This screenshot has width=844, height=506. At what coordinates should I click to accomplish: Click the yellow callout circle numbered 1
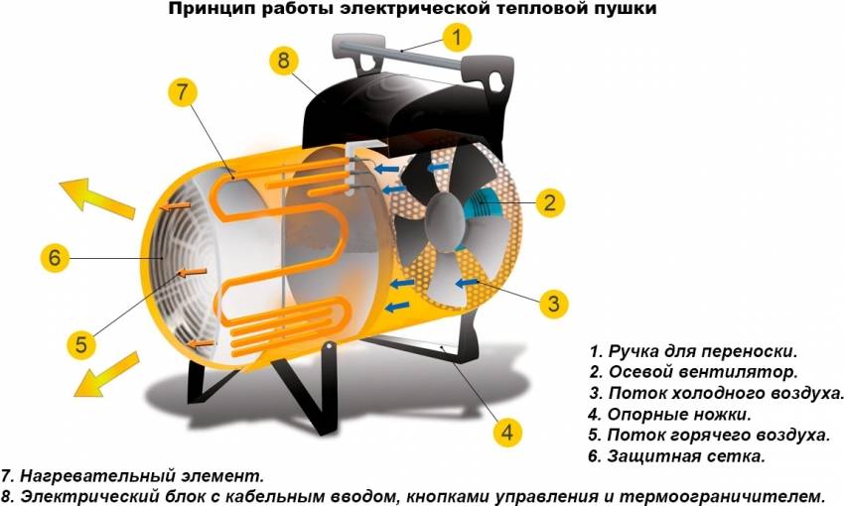point(457,39)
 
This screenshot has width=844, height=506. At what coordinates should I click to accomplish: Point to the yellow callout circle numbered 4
point(507,433)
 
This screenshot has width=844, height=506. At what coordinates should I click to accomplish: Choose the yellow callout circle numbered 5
point(82,345)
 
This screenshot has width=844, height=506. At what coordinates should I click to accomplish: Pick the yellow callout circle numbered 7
point(181,92)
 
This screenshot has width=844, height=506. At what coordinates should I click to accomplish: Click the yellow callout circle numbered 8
point(284,61)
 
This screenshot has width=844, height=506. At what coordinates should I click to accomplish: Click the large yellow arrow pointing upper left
point(94,197)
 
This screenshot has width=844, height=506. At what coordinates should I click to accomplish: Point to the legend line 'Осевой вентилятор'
point(692,373)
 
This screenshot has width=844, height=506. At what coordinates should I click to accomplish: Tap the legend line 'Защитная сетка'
point(676,456)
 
